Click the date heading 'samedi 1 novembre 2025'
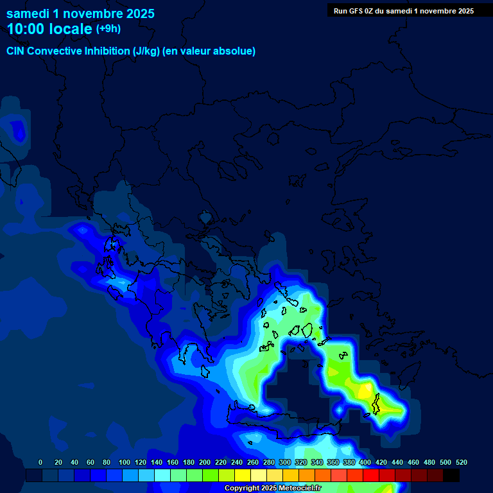[x=80, y=13]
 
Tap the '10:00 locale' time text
[x=49, y=29]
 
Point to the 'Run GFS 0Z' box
[x=404, y=11]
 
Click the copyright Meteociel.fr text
[x=273, y=488]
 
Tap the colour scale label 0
[x=40, y=462]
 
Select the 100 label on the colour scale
[x=125, y=462]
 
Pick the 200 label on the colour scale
[x=205, y=462]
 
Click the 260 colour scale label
[x=253, y=462]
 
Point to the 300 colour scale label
[x=285, y=462]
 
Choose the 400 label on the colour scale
[x=365, y=462]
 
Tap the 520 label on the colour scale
[x=462, y=462]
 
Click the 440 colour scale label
[x=397, y=462]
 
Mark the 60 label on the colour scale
[x=91, y=462]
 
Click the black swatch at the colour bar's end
[x=451, y=476]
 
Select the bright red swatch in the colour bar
[x=371, y=476]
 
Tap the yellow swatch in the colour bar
[x=243, y=476]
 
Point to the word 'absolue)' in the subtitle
[x=235, y=51]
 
